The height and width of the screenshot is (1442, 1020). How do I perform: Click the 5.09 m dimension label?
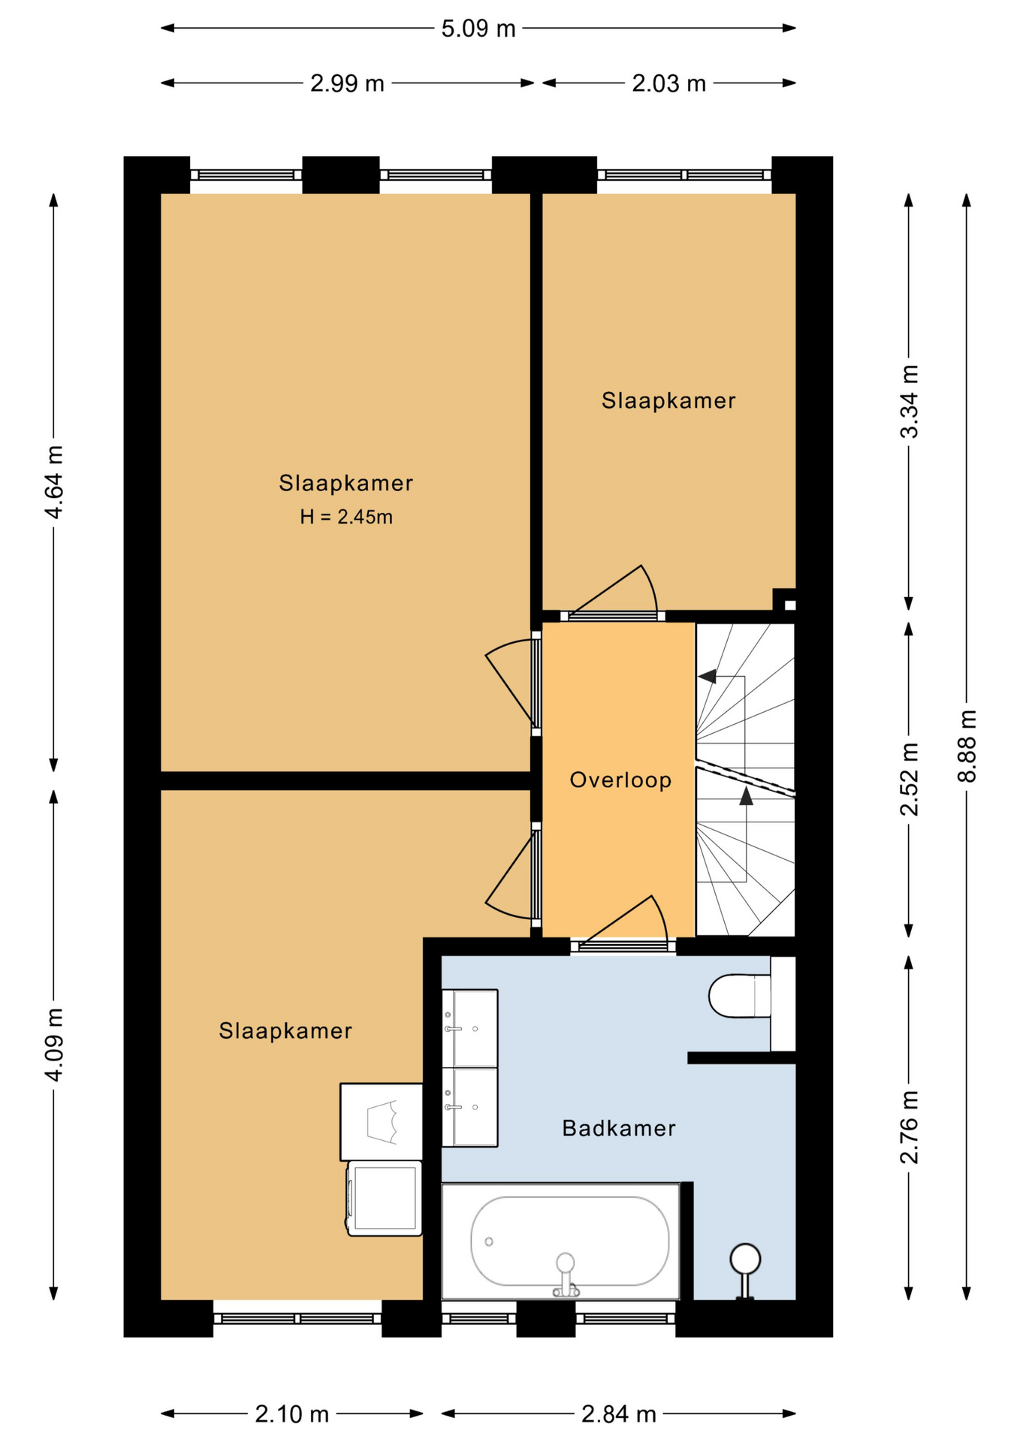[478, 29]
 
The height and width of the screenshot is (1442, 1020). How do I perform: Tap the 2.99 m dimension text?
[347, 83]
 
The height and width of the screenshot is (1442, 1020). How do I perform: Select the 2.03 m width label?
[668, 83]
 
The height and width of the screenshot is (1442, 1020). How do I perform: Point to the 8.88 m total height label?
[967, 746]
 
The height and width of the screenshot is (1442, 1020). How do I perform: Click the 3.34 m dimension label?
[909, 402]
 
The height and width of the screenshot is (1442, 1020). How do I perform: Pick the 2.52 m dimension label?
[909, 779]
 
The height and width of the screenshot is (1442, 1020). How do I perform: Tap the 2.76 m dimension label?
[909, 1127]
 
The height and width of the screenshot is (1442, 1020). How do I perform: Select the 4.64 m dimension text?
[53, 482]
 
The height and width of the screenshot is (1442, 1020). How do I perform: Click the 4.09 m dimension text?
[53, 1045]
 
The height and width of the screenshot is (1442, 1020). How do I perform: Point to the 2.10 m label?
[291, 1414]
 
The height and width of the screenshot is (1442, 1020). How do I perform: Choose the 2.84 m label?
[619, 1414]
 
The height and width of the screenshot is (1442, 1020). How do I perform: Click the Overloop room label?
[620, 780]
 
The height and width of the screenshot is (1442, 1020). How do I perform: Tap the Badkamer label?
[619, 1128]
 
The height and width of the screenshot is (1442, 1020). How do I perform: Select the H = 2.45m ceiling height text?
[346, 517]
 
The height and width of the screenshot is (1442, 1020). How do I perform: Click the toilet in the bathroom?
[740, 996]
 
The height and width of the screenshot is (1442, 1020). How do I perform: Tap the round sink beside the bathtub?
[745, 1259]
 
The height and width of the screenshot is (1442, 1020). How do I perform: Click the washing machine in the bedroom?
[383, 1199]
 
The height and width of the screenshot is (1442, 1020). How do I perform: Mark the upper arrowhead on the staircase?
[707, 677]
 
